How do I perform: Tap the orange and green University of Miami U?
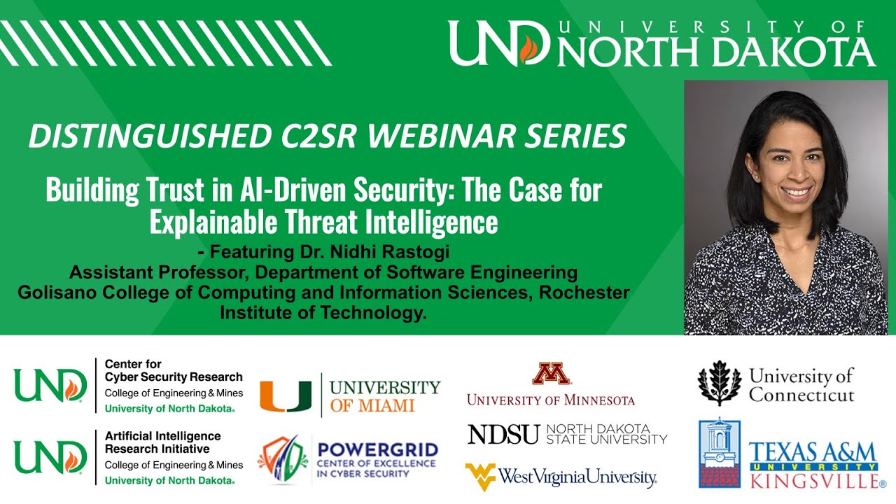pyautogui.click(x=286, y=395)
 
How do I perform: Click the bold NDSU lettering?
pyautogui.click(x=504, y=434)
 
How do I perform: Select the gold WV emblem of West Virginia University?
pyautogui.click(x=480, y=477)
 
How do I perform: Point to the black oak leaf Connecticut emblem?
pyautogui.click(x=719, y=383)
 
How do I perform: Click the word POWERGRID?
pyautogui.click(x=378, y=449)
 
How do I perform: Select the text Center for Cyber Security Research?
pyautogui.click(x=174, y=370)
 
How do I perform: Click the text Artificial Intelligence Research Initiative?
pyautogui.click(x=162, y=442)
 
